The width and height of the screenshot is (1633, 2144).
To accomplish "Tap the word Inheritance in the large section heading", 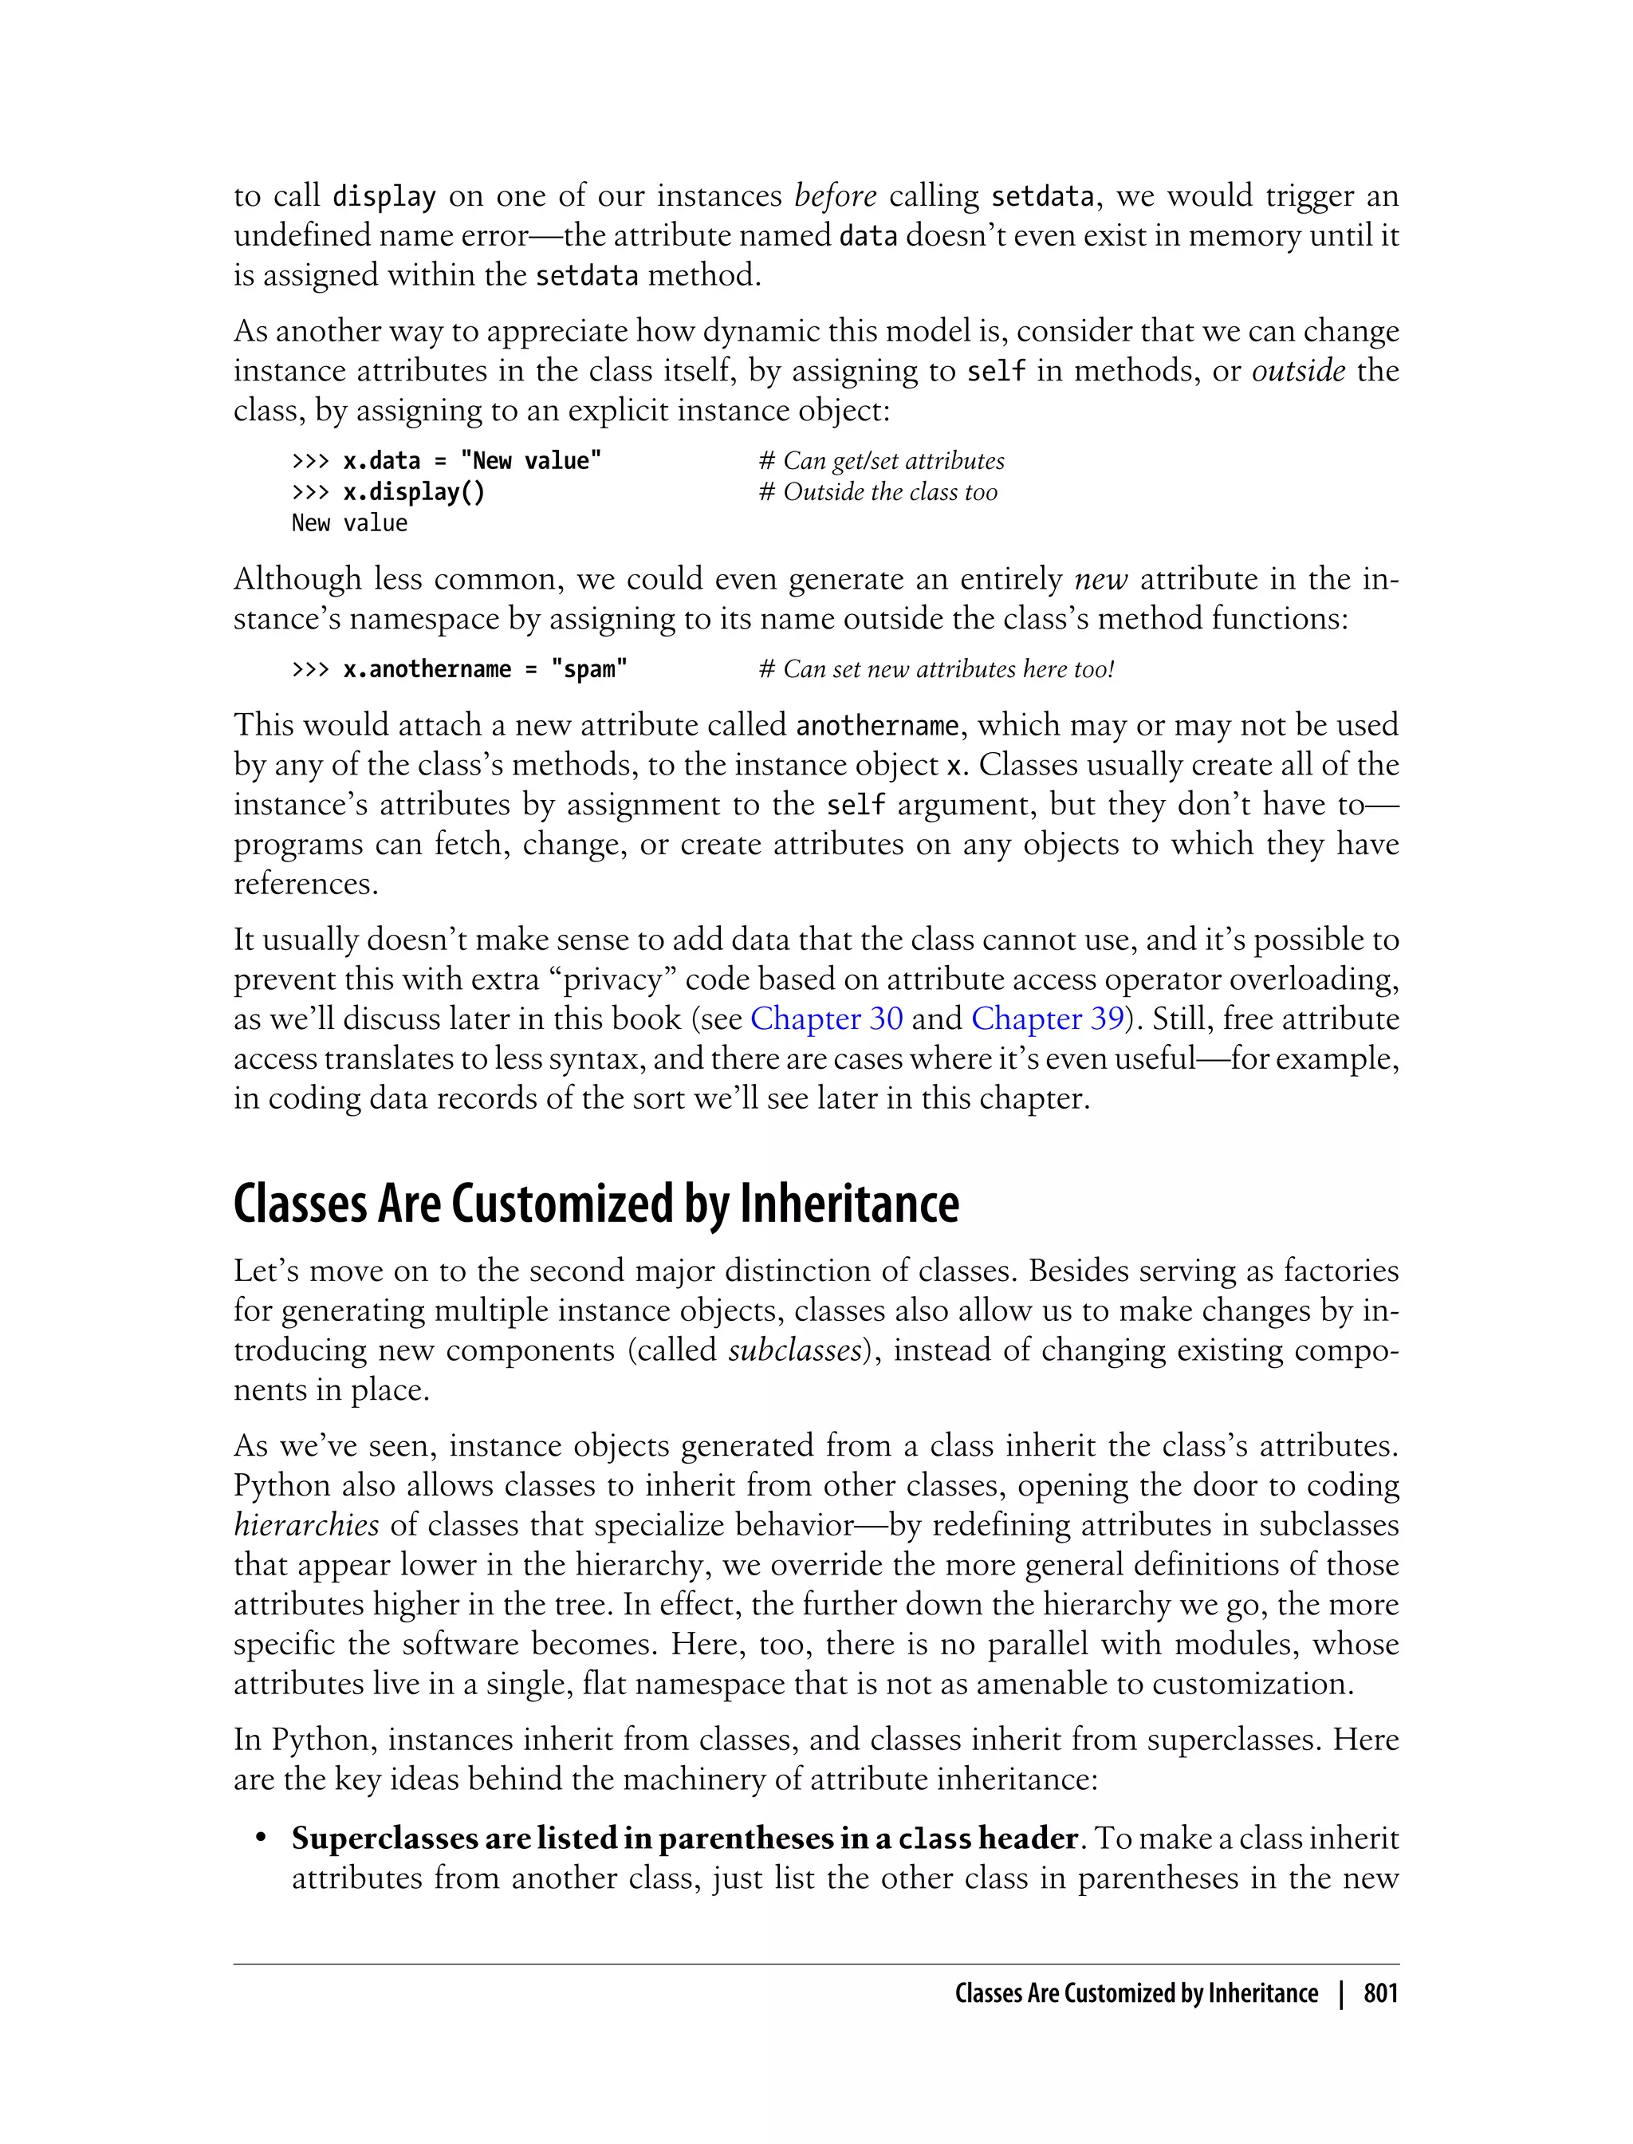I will (x=848, y=1204).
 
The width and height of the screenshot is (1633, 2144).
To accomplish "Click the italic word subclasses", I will (x=794, y=1350).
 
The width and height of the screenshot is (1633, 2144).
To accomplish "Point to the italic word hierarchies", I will (x=306, y=1524).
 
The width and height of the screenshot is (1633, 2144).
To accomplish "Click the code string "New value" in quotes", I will (x=531, y=461).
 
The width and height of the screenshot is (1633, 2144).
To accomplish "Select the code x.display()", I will (x=414, y=492).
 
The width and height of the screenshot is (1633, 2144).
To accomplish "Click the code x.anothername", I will (x=427, y=669).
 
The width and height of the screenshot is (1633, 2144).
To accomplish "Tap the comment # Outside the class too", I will (x=878, y=492).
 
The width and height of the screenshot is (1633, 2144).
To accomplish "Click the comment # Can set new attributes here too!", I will (x=936, y=669).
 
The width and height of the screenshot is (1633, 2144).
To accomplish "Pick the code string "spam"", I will (x=589, y=669).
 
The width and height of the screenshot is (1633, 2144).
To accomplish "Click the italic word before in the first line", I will (x=835, y=195).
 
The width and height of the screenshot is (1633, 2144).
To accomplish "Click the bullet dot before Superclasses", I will (x=261, y=1839).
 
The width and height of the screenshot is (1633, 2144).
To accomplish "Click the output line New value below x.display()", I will (x=349, y=523).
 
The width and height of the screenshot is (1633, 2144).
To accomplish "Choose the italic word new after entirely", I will (x=1100, y=580).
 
